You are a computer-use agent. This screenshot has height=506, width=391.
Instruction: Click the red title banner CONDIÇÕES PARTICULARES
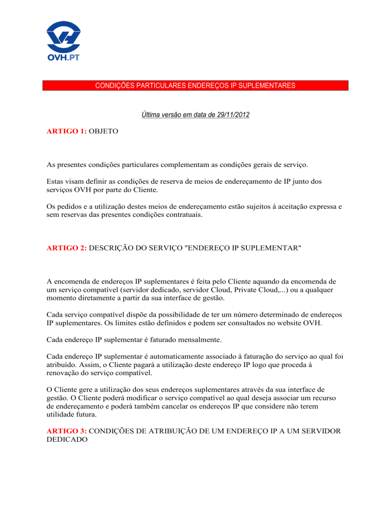(195, 86)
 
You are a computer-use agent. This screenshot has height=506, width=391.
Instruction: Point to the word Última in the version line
(151, 117)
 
